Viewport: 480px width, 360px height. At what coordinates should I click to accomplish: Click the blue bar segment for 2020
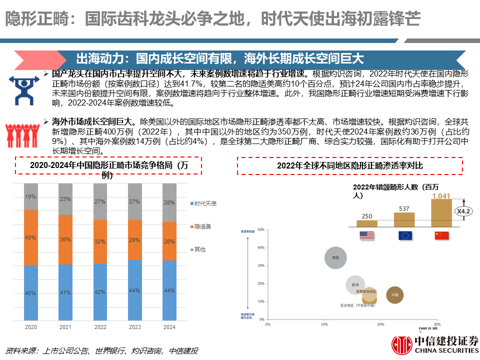[x=31, y=292]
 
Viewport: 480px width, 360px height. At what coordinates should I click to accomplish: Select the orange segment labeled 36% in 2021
[x=65, y=239]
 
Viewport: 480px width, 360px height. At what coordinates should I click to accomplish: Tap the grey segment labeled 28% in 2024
[x=169, y=202]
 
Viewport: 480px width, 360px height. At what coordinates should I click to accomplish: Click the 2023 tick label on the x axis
[x=135, y=327]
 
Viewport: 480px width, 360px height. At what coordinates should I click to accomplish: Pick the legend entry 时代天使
[x=202, y=203]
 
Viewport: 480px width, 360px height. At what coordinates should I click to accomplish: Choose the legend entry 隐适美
[x=202, y=226]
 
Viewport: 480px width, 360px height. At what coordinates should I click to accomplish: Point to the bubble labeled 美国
[x=335, y=258]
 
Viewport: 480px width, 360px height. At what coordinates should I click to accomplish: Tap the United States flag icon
[x=367, y=235]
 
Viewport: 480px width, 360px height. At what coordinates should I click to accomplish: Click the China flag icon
[x=441, y=235]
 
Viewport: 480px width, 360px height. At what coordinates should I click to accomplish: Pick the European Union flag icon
[x=405, y=235]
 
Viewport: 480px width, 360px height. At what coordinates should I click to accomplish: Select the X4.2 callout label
[x=464, y=212]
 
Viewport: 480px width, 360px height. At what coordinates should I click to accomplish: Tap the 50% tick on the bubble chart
[x=260, y=230]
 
